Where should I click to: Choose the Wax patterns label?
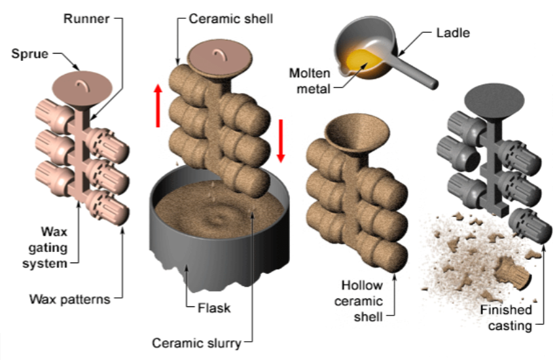69,299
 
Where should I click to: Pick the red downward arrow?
281,140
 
